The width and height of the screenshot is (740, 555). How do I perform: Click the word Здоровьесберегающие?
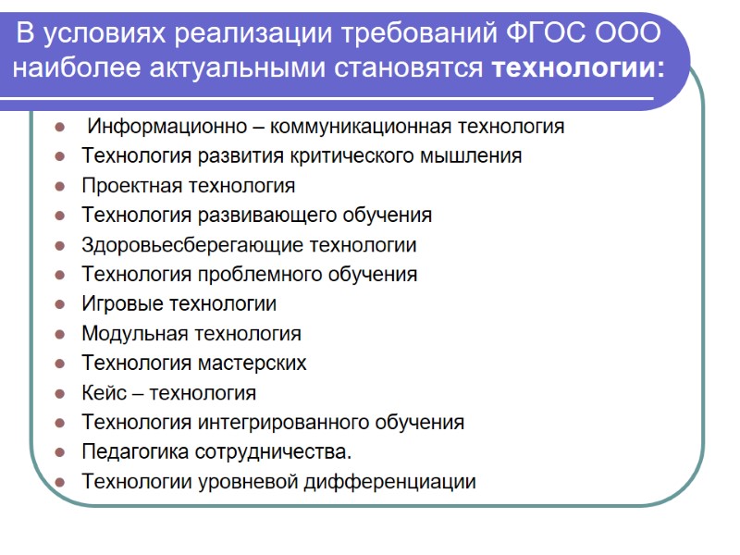click(191, 245)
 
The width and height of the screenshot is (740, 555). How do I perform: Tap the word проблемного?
click(274, 275)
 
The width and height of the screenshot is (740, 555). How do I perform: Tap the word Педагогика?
click(135, 452)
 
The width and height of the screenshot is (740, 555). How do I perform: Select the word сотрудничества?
click(273, 452)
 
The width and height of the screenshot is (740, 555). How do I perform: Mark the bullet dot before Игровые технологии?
click(60, 304)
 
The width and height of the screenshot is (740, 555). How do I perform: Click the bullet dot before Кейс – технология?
click(60, 393)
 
